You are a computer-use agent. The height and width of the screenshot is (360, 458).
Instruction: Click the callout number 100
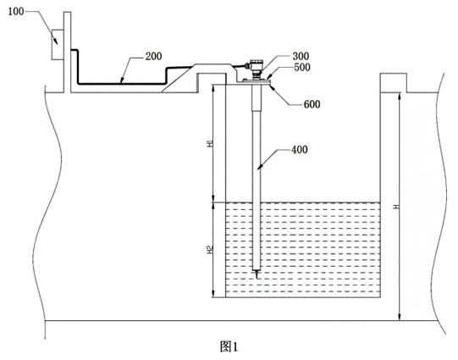point(15,11)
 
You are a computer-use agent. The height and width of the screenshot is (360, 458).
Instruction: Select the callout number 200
point(153,56)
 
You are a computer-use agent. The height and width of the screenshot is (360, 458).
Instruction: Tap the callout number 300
point(301,56)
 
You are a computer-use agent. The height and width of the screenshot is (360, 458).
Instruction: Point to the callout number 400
point(300,150)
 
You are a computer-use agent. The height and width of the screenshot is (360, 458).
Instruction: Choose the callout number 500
point(302,67)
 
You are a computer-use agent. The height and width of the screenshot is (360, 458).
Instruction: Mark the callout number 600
point(312,104)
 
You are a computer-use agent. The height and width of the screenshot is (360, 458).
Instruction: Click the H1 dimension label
point(210,143)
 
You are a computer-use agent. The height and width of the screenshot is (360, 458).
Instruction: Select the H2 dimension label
point(210,250)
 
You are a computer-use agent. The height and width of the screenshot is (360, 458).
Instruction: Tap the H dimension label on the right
point(396,207)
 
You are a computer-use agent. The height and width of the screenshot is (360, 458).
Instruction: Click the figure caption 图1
point(229,346)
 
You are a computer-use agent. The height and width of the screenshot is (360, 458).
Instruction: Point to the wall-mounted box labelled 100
point(58,45)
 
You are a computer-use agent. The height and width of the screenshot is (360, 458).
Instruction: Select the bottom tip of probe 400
point(257,279)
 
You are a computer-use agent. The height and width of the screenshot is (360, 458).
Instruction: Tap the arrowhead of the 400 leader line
point(259,168)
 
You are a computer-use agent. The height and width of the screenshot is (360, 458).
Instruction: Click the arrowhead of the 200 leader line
point(122,81)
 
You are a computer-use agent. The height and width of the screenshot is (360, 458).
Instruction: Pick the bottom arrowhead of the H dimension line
point(400,319)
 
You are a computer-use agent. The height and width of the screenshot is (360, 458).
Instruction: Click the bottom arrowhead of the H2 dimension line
point(213,296)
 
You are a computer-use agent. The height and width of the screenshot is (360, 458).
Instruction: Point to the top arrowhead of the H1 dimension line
point(213,87)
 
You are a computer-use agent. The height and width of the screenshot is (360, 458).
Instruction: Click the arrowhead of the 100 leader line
point(56,42)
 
